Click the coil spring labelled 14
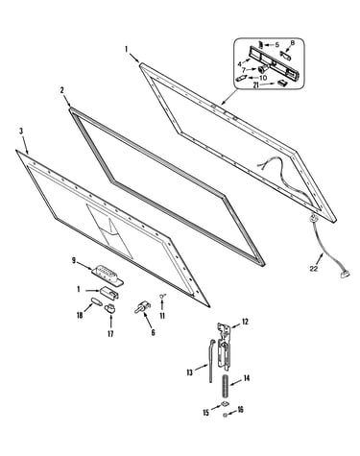[x=226, y=386]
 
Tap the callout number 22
[x=314, y=269]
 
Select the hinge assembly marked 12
[x=224, y=346]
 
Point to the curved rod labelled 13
[x=211, y=361]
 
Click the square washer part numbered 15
[x=226, y=404]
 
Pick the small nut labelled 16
[x=226, y=415]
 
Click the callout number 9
[x=74, y=260]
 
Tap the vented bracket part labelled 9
[x=108, y=275]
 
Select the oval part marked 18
[x=96, y=301]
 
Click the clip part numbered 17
[x=110, y=308]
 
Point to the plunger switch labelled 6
[x=142, y=306]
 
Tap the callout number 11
[x=162, y=316]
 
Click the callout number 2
[x=62, y=90]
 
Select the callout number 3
[x=21, y=131]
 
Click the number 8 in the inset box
[x=292, y=43]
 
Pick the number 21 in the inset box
[x=256, y=85]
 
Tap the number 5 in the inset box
[x=277, y=45]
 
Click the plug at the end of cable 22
[x=345, y=274]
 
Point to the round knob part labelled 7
[x=263, y=68]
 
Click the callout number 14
[x=247, y=378]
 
